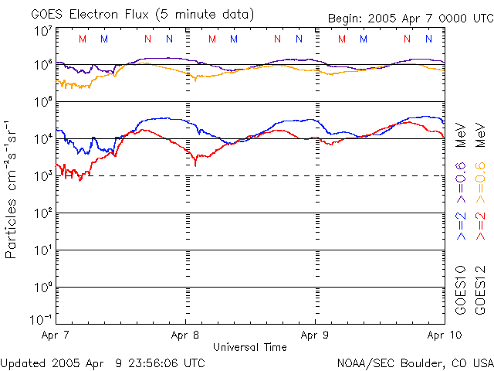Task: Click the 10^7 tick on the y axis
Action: click(x=42, y=31)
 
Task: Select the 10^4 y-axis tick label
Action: click(x=42, y=139)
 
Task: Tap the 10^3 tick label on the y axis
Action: click(x=42, y=176)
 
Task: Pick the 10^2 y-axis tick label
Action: click(x=42, y=213)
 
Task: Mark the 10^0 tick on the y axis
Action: click(x=42, y=288)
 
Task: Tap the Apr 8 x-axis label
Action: click(x=185, y=335)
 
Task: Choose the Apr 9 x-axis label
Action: click(x=315, y=335)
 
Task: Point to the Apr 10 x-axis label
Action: click(x=445, y=335)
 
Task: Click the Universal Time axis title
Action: click(x=249, y=347)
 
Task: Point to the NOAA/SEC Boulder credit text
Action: click(x=414, y=362)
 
